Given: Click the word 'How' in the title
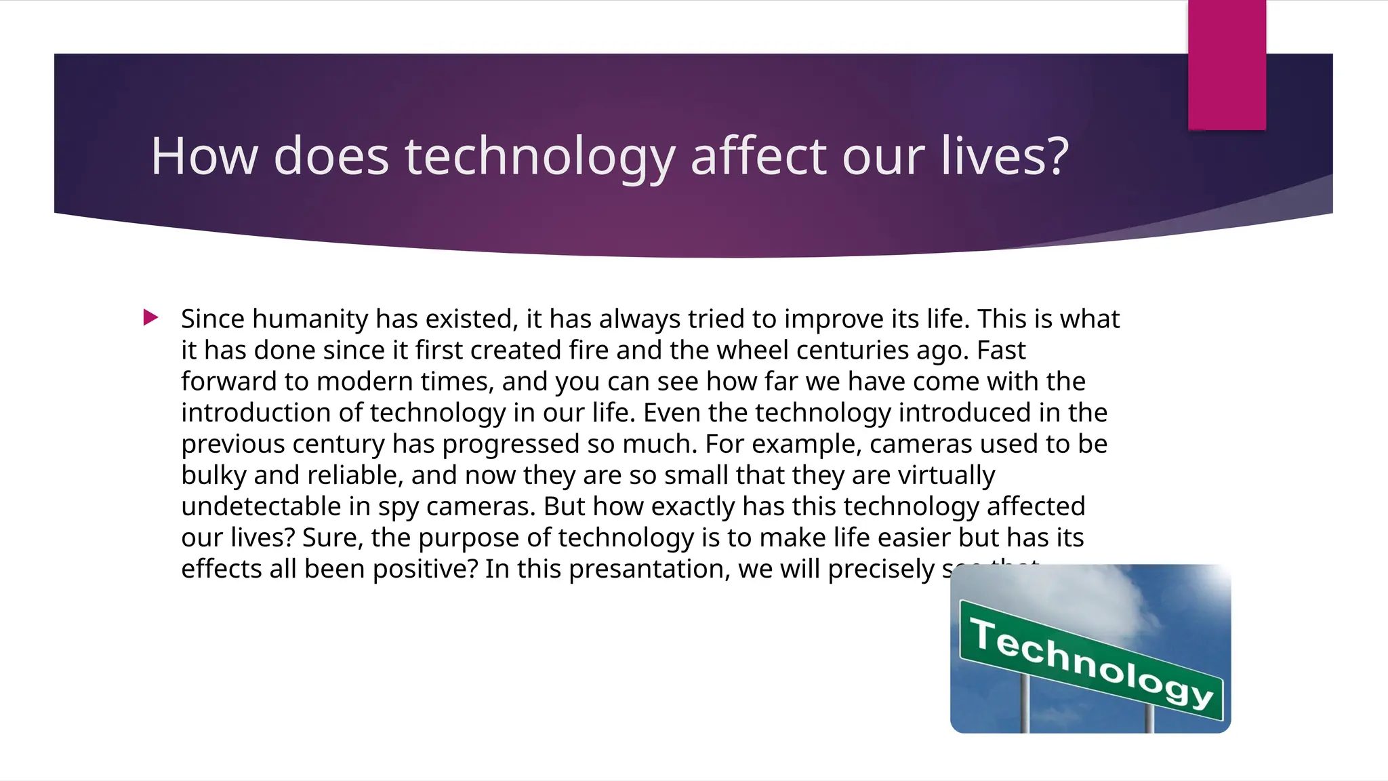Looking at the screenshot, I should (204, 157).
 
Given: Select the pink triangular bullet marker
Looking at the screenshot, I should (150, 317).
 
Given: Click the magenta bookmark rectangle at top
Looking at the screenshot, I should (1227, 64).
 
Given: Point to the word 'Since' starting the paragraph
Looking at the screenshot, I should (212, 319).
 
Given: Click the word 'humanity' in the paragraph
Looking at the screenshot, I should (310, 319).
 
